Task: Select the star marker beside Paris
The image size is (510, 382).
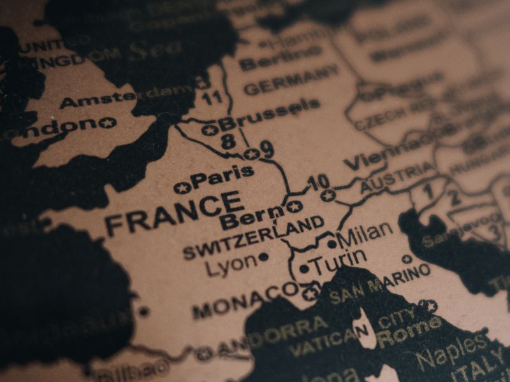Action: (x=182, y=188)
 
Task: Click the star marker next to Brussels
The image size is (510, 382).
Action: (x=210, y=131)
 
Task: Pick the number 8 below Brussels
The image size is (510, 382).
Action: (x=228, y=142)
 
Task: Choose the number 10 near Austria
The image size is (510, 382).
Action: (x=317, y=183)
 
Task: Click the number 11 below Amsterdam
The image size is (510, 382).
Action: (x=212, y=97)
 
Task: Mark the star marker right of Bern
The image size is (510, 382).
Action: (x=293, y=206)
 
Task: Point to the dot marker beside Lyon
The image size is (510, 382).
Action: (x=263, y=258)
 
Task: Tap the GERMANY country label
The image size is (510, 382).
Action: (x=291, y=80)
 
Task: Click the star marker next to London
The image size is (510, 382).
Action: (x=107, y=122)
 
